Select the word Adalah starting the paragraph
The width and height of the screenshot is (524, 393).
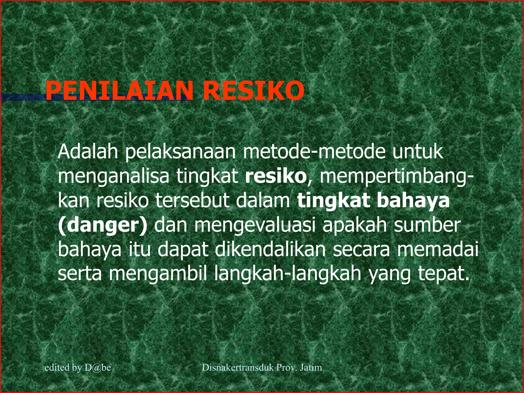88,152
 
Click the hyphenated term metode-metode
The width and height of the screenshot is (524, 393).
314,152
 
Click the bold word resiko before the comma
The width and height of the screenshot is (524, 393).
276,176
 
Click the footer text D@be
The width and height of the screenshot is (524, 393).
97,368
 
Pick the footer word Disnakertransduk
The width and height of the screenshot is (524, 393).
238,368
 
